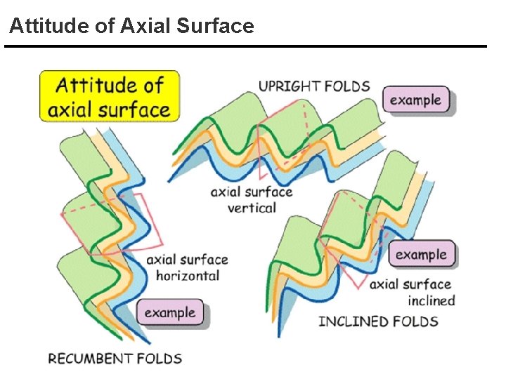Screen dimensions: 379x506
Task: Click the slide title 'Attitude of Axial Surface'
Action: click(x=131, y=27)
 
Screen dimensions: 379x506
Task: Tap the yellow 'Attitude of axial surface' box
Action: click(x=110, y=97)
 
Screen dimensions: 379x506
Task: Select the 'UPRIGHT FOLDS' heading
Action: click(x=314, y=86)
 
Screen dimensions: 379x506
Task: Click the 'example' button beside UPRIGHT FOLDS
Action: click(x=415, y=100)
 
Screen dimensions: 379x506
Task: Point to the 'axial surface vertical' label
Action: click(x=252, y=199)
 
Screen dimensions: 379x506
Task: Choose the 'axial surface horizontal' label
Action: click(x=187, y=267)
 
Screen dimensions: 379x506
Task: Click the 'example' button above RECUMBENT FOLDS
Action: click(x=170, y=312)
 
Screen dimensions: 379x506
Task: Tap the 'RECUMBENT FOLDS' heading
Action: click(x=115, y=358)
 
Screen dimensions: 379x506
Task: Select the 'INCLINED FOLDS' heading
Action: click(x=378, y=321)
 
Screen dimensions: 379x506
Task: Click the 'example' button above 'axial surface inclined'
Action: click(x=421, y=254)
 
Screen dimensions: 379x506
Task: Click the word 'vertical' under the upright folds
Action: click(x=252, y=208)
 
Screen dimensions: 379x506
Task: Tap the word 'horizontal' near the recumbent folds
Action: click(x=188, y=275)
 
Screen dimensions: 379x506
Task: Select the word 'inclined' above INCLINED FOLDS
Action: click(x=432, y=300)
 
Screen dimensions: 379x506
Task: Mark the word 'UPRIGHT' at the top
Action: click(x=289, y=86)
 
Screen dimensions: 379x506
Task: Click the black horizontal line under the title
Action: click(x=245, y=46)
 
